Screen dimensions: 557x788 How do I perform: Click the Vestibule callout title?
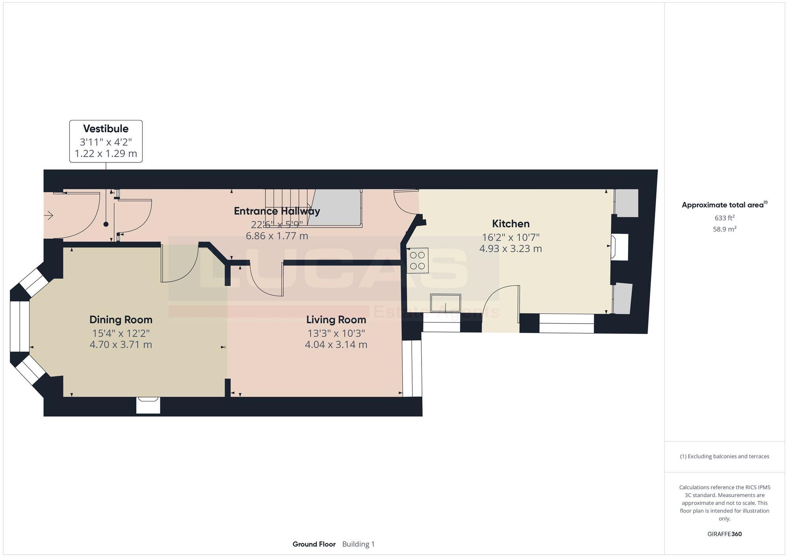pos(106,129)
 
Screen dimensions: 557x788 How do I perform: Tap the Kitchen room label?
pos(511,224)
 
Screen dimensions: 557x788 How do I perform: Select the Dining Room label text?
pos(121,320)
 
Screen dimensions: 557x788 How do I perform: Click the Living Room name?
pos(336,320)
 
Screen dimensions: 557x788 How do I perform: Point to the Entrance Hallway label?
pos(277,211)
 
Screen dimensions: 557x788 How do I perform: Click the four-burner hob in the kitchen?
pos(418,261)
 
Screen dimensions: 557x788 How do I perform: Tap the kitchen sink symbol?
pos(446,303)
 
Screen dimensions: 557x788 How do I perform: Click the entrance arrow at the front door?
pos(48,215)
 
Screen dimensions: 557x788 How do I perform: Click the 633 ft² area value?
pos(724,218)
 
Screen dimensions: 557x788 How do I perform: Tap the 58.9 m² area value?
pos(724,229)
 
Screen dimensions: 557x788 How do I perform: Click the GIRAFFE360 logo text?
pos(724,534)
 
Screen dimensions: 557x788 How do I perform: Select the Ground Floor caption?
pos(314,544)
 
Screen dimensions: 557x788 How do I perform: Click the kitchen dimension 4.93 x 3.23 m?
pos(510,249)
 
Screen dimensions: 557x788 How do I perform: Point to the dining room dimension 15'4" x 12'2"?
pos(121,333)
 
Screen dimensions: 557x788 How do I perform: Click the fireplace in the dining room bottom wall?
pos(148,405)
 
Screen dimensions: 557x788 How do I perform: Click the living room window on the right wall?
pos(412,368)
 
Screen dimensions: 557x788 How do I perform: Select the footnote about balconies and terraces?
pos(724,457)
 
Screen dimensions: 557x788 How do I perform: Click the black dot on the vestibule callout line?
pos(106,224)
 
